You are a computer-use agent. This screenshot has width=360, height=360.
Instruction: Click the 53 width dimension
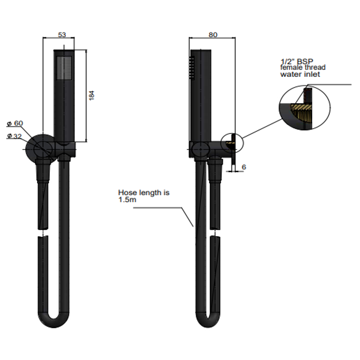pyautogui.click(x=62, y=35)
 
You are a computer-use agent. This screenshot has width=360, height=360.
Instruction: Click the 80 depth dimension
pyautogui.click(x=213, y=35)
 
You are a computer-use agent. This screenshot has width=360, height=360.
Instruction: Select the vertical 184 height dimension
pyautogui.click(x=92, y=95)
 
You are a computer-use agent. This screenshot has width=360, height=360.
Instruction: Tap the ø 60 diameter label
pyautogui.click(x=15, y=123)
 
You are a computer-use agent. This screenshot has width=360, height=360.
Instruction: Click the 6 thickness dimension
pyautogui.click(x=244, y=167)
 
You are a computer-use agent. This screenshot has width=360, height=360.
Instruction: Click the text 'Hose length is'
pyautogui.click(x=144, y=193)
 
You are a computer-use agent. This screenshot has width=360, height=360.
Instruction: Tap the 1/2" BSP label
pyautogui.click(x=297, y=62)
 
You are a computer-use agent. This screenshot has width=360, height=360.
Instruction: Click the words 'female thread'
pyautogui.click(x=303, y=68)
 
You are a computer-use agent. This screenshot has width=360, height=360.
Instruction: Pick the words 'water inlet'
pyautogui.click(x=300, y=74)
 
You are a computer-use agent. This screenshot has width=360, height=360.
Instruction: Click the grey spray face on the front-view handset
pyautogui.click(x=63, y=68)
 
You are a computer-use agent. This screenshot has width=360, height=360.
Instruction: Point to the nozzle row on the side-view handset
pyautogui.click(x=192, y=68)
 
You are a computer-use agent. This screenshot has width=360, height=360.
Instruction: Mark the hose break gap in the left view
pyautogui.click(x=43, y=233)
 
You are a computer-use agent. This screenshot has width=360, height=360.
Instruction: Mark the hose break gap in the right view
pyautogui.click(x=215, y=232)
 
